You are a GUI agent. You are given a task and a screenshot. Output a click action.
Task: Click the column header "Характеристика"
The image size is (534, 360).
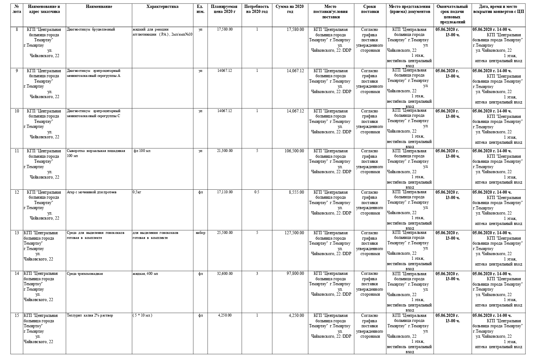(x=162, y=6)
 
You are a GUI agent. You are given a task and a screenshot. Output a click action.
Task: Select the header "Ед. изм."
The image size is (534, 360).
(x=200, y=9)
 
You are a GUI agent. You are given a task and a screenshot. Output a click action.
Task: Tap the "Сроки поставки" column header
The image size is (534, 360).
(x=370, y=9)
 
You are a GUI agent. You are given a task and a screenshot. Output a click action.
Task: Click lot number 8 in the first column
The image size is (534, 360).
(x=17, y=29)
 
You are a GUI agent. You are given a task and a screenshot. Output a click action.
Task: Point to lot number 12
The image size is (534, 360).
(x=17, y=192)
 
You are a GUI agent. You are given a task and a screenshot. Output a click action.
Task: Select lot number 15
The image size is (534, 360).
(x=17, y=315)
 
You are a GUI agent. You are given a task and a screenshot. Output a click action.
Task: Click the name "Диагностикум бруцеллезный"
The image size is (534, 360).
(x=91, y=29)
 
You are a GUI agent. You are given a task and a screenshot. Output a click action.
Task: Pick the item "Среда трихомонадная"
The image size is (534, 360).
(x=85, y=274)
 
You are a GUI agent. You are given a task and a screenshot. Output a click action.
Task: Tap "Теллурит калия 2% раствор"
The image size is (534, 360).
(x=90, y=315)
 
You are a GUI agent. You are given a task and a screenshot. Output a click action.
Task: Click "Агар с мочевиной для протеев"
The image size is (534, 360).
(x=92, y=192)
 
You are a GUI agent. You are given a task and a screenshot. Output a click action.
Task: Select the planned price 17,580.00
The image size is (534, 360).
(x=225, y=29)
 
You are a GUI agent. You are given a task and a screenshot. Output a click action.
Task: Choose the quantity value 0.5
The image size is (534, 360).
(x=257, y=192)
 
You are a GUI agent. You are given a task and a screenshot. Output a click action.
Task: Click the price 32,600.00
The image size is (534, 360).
(x=225, y=274)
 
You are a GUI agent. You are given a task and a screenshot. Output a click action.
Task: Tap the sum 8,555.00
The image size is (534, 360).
(x=296, y=192)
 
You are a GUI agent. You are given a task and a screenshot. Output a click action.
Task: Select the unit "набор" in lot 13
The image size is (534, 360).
(x=201, y=233)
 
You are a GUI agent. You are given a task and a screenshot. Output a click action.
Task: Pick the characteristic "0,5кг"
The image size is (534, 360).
(x=137, y=192)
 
